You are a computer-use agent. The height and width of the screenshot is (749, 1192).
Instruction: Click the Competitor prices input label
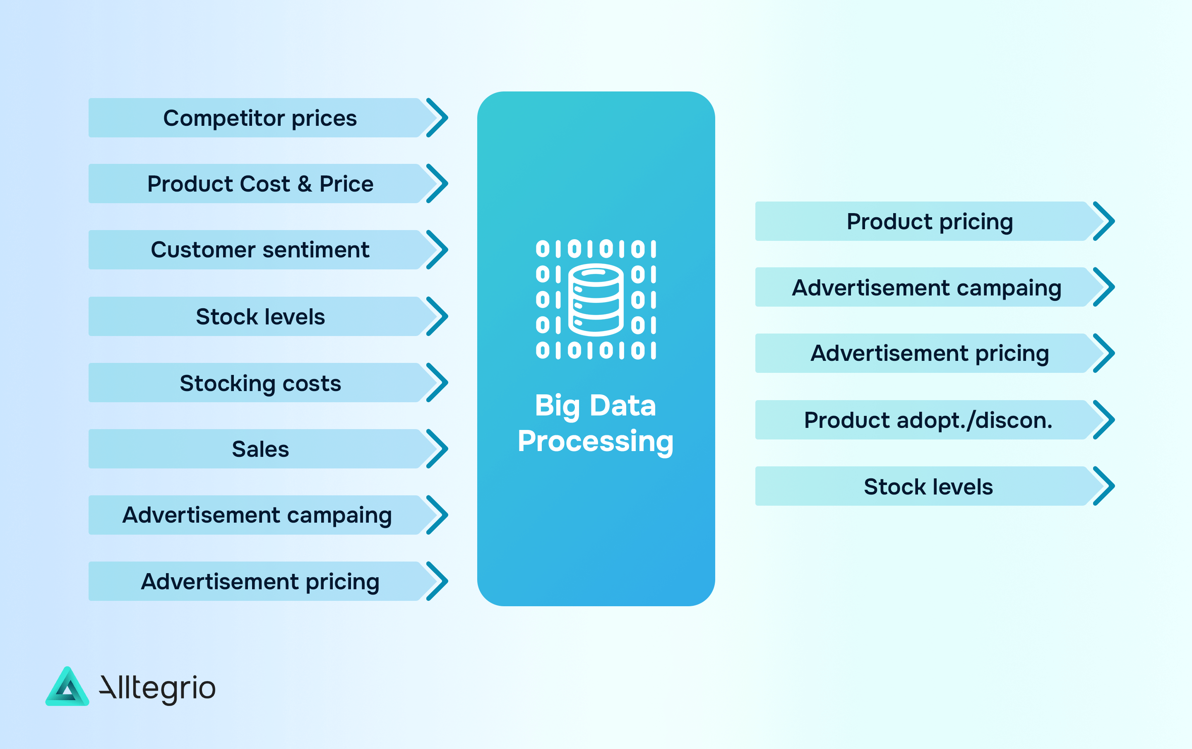click(260, 118)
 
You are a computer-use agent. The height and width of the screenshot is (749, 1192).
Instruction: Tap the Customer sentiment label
click(260, 250)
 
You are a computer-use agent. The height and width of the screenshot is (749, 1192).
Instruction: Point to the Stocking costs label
click(260, 383)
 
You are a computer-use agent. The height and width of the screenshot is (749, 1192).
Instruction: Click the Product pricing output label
click(930, 221)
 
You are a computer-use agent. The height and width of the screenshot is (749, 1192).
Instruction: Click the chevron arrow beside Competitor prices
click(437, 118)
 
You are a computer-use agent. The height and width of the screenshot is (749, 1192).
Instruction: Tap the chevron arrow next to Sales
click(437, 449)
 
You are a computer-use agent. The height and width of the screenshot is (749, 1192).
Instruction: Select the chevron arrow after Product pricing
click(1103, 221)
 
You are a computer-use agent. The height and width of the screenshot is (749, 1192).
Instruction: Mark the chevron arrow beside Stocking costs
click(437, 383)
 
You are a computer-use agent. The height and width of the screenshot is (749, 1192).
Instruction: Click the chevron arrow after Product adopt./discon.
click(1103, 420)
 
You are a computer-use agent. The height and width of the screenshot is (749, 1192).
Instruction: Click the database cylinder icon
click(596, 300)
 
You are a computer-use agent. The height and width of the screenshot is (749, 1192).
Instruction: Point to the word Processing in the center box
click(596, 441)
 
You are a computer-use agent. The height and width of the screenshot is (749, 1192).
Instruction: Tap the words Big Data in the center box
click(596, 406)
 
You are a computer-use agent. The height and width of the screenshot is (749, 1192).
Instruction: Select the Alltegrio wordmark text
click(157, 688)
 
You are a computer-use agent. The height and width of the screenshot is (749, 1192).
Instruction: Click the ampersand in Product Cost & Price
click(305, 184)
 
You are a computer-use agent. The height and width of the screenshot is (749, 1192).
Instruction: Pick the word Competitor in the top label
click(224, 118)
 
